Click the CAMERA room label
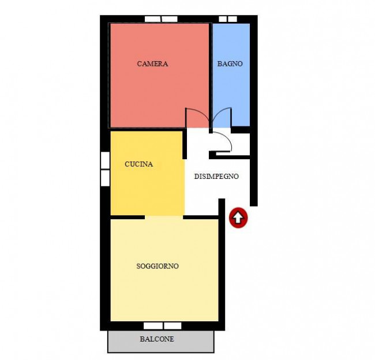click(152, 64)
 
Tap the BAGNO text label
click(230, 64)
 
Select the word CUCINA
click(138, 164)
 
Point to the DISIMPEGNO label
click(216, 177)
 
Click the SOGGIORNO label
click(157, 266)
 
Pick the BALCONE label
click(157, 339)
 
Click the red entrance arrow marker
click(238, 217)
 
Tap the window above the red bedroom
click(161, 19)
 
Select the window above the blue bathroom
click(228, 19)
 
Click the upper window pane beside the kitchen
click(105, 160)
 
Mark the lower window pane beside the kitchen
click(105, 178)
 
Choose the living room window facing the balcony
click(162, 326)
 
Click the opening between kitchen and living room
click(164, 217)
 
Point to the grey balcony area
click(161, 342)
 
